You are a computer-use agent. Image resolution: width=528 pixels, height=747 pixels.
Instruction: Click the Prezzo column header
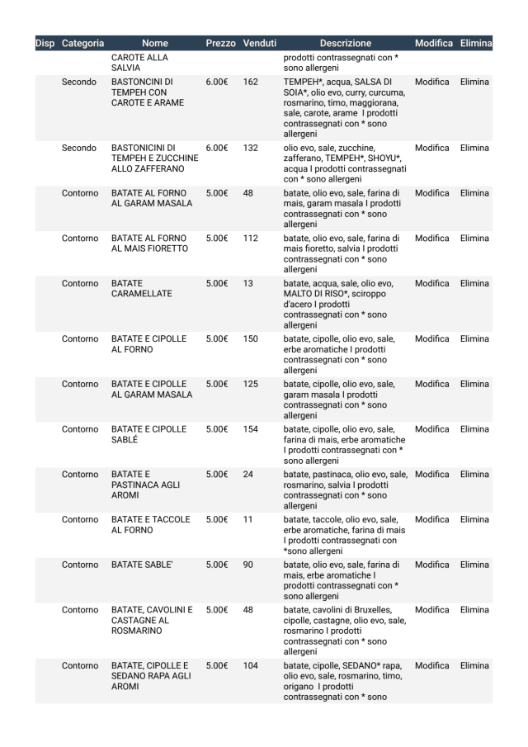(220, 43)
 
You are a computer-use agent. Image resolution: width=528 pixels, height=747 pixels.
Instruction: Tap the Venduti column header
(259, 43)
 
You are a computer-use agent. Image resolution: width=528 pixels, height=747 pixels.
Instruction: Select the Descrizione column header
(346, 43)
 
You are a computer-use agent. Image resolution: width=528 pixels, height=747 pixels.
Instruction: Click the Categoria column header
(82, 43)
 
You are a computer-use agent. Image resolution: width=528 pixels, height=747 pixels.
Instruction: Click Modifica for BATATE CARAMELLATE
(433, 283)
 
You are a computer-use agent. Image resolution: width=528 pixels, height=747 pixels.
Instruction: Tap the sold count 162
(251, 82)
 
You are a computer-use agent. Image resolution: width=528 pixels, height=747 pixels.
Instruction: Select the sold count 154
(251, 429)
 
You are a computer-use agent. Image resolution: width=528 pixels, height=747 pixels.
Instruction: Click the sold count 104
(251, 664)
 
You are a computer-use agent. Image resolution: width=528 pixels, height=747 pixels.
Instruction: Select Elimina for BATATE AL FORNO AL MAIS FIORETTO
(474, 238)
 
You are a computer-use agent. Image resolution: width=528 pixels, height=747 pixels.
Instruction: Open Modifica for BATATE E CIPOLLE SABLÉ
(433, 429)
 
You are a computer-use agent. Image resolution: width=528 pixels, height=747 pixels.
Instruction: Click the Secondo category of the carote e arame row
(79, 82)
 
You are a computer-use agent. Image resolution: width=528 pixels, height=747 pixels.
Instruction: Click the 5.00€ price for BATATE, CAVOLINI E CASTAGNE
(217, 610)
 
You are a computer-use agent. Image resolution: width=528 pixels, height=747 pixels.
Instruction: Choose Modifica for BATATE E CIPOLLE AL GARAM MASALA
(433, 384)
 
